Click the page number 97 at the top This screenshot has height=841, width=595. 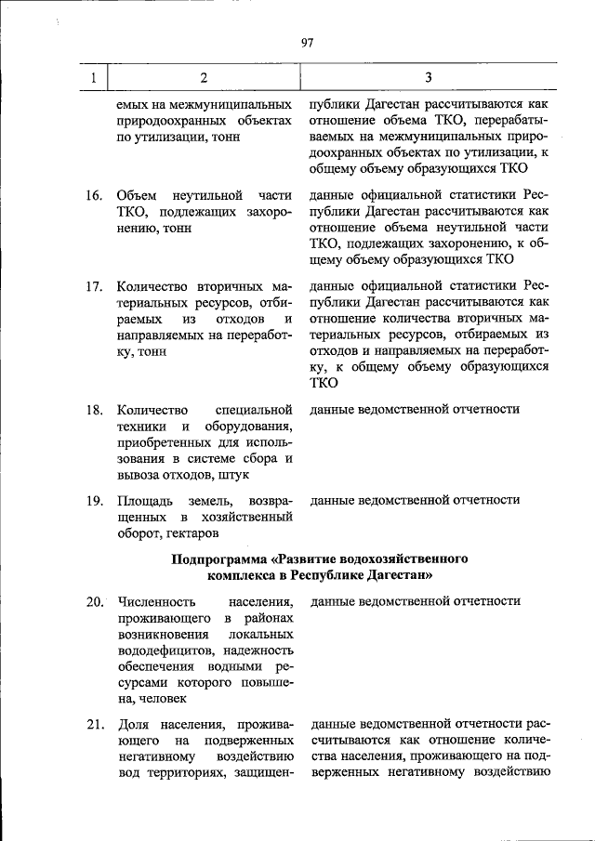point(308,42)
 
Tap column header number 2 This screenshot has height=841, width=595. point(204,77)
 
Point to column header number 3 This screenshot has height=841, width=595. point(429,77)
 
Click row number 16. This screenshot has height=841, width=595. point(94,196)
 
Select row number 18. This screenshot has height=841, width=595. point(94,410)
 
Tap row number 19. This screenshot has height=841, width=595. point(94,500)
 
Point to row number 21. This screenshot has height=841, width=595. point(94,724)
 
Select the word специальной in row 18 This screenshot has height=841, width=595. point(254,410)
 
